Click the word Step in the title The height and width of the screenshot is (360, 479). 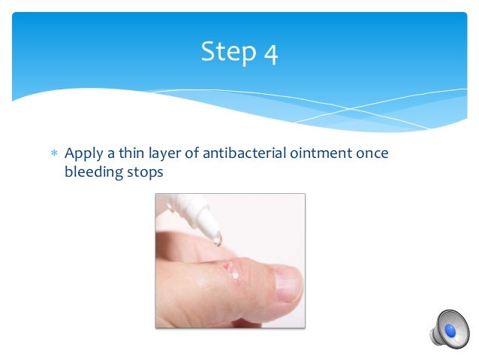228,52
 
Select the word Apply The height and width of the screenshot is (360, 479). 83,154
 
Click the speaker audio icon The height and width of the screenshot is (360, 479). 447,328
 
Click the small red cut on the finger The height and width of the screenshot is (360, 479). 226,265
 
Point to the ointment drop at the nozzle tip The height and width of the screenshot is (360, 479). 217,240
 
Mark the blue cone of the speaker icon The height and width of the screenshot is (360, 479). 451,329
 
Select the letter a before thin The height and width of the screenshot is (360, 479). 111,154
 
